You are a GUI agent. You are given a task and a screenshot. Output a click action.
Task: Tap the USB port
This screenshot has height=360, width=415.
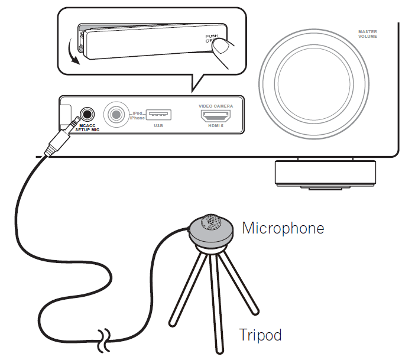coord(158,113)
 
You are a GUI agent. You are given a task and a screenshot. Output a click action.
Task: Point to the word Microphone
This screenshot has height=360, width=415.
coord(283,228)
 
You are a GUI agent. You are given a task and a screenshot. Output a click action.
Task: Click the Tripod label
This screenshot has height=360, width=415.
coord(260,335)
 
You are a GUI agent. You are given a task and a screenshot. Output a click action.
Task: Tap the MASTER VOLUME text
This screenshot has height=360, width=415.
coord(367,34)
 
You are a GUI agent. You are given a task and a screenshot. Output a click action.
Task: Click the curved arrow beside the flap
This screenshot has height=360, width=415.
coord(73,51)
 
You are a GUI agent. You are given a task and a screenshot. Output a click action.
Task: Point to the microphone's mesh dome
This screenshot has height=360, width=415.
coord(211,222)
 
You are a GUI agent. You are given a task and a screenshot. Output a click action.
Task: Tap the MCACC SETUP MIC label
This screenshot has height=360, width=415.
coord(87,128)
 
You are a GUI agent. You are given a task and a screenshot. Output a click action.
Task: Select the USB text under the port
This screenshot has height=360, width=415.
coord(158,126)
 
